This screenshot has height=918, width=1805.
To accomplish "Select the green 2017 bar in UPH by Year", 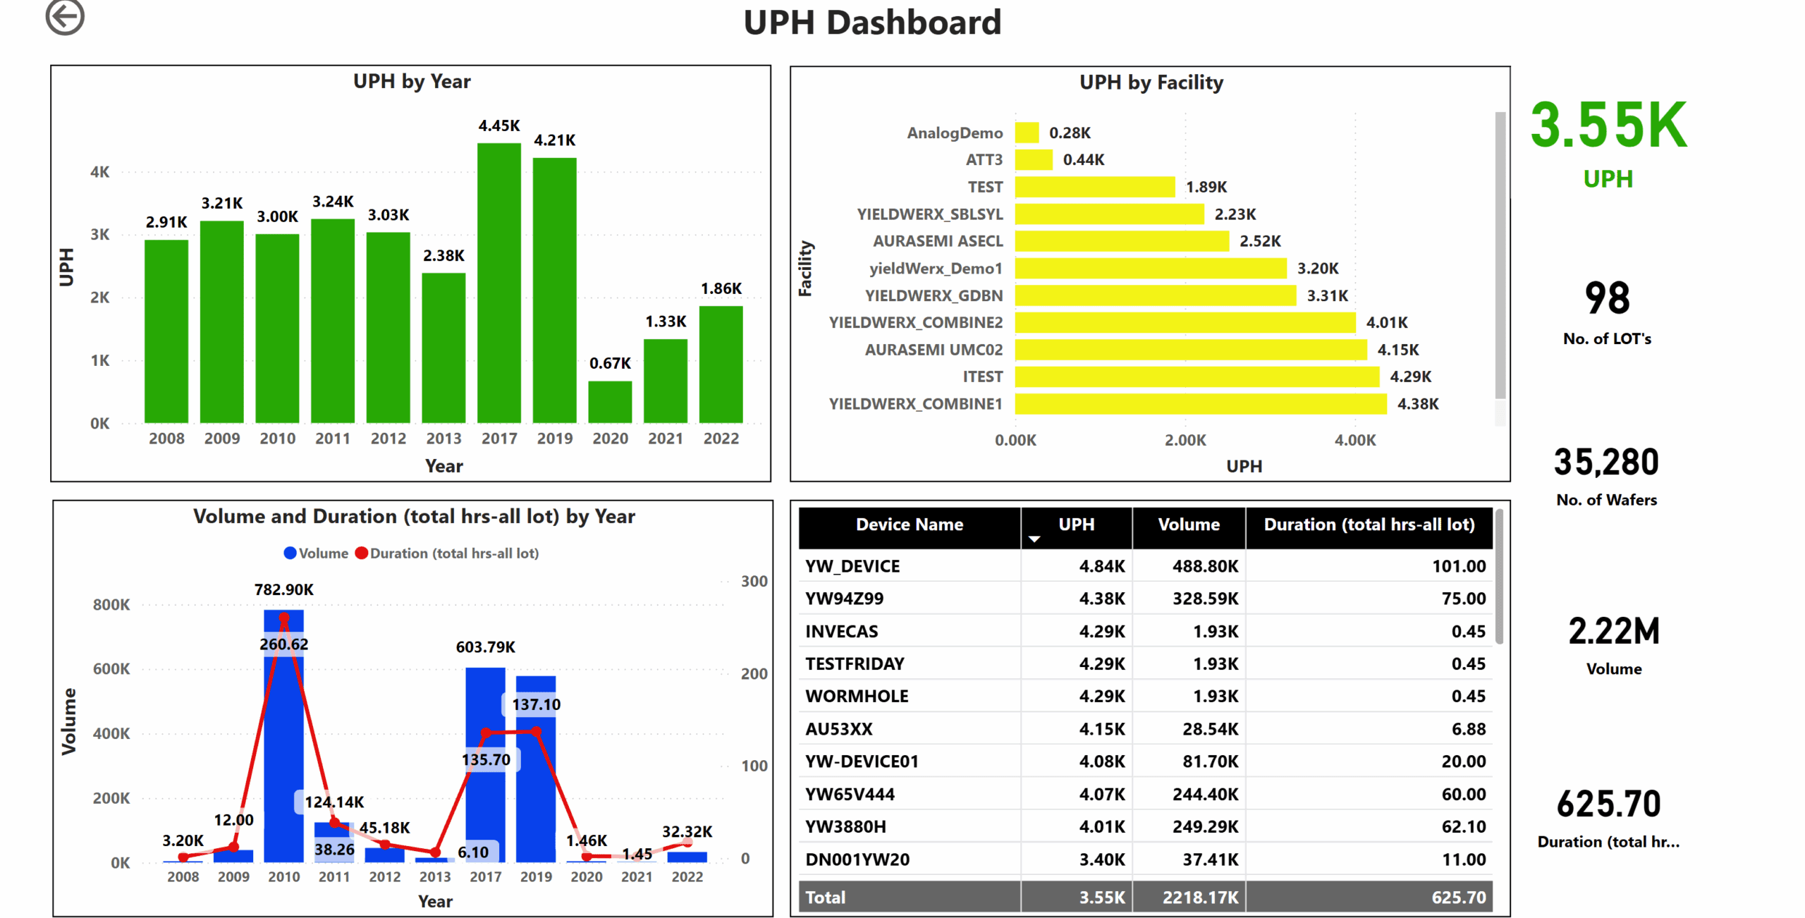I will click(x=498, y=282).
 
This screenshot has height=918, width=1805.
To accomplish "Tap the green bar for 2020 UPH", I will click(x=610, y=402).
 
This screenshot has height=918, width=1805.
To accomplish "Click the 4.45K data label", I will click(x=498, y=126).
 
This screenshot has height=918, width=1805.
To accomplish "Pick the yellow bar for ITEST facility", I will click(x=1197, y=377).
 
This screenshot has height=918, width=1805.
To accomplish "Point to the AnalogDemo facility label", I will click(x=954, y=133).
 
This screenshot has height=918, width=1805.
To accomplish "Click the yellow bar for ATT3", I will click(x=1034, y=159).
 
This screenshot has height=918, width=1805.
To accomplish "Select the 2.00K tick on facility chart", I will click(x=1185, y=440).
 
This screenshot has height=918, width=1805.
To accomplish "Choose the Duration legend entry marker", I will click(x=362, y=553).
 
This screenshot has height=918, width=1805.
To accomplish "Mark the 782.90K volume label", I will click(x=283, y=589).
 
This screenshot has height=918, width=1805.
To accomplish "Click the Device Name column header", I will click(x=909, y=525).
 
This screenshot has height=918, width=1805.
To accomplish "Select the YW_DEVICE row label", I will click(x=852, y=566).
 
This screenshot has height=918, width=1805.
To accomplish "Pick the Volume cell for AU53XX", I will click(x=1210, y=729).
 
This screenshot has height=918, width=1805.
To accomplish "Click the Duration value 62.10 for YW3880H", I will click(x=1463, y=826).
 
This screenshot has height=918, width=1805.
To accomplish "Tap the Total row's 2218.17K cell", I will click(x=1200, y=897).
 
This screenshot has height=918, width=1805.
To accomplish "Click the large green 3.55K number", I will click(x=1608, y=126).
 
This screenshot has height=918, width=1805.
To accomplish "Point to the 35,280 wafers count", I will click(x=1606, y=463).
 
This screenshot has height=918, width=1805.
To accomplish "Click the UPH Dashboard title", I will click(x=872, y=23).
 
